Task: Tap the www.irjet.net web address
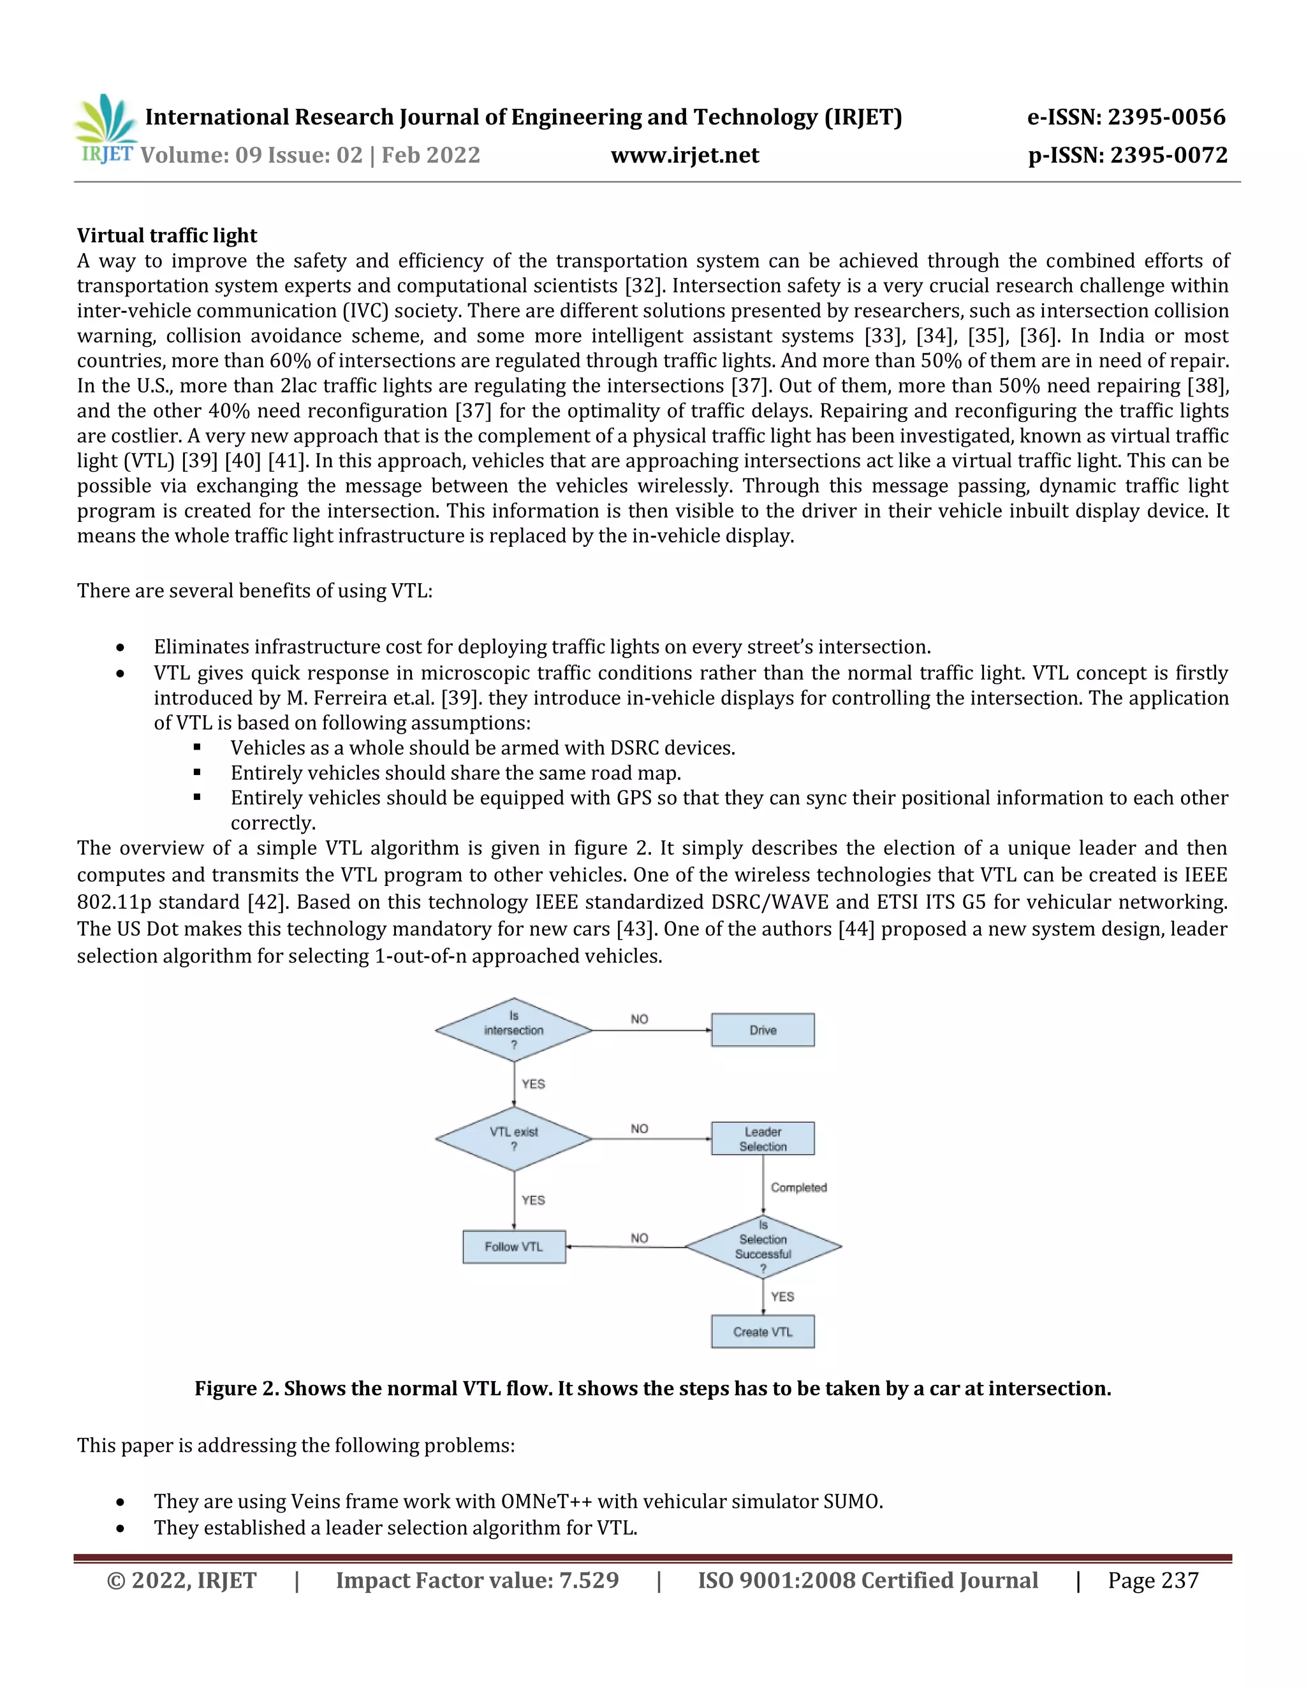[x=685, y=155]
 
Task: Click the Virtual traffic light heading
[x=166, y=235]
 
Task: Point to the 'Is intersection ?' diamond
[x=514, y=1030]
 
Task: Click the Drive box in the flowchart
[x=762, y=1030]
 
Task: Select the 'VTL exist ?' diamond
[x=514, y=1138]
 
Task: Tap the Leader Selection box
[x=762, y=1138]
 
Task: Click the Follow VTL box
[x=514, y=1247]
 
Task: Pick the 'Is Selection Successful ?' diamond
[x=763, y=1247]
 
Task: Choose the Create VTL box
[x=762, y=1331]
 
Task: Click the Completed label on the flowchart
[x=798, y=1187]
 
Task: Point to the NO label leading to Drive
[x=639, y=1019]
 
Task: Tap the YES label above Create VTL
[x=782, y=1296]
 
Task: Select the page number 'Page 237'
[x=1153, y=1581]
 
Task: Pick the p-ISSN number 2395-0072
[x=1168, y=156]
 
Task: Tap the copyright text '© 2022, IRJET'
[x=181, y=1581]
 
